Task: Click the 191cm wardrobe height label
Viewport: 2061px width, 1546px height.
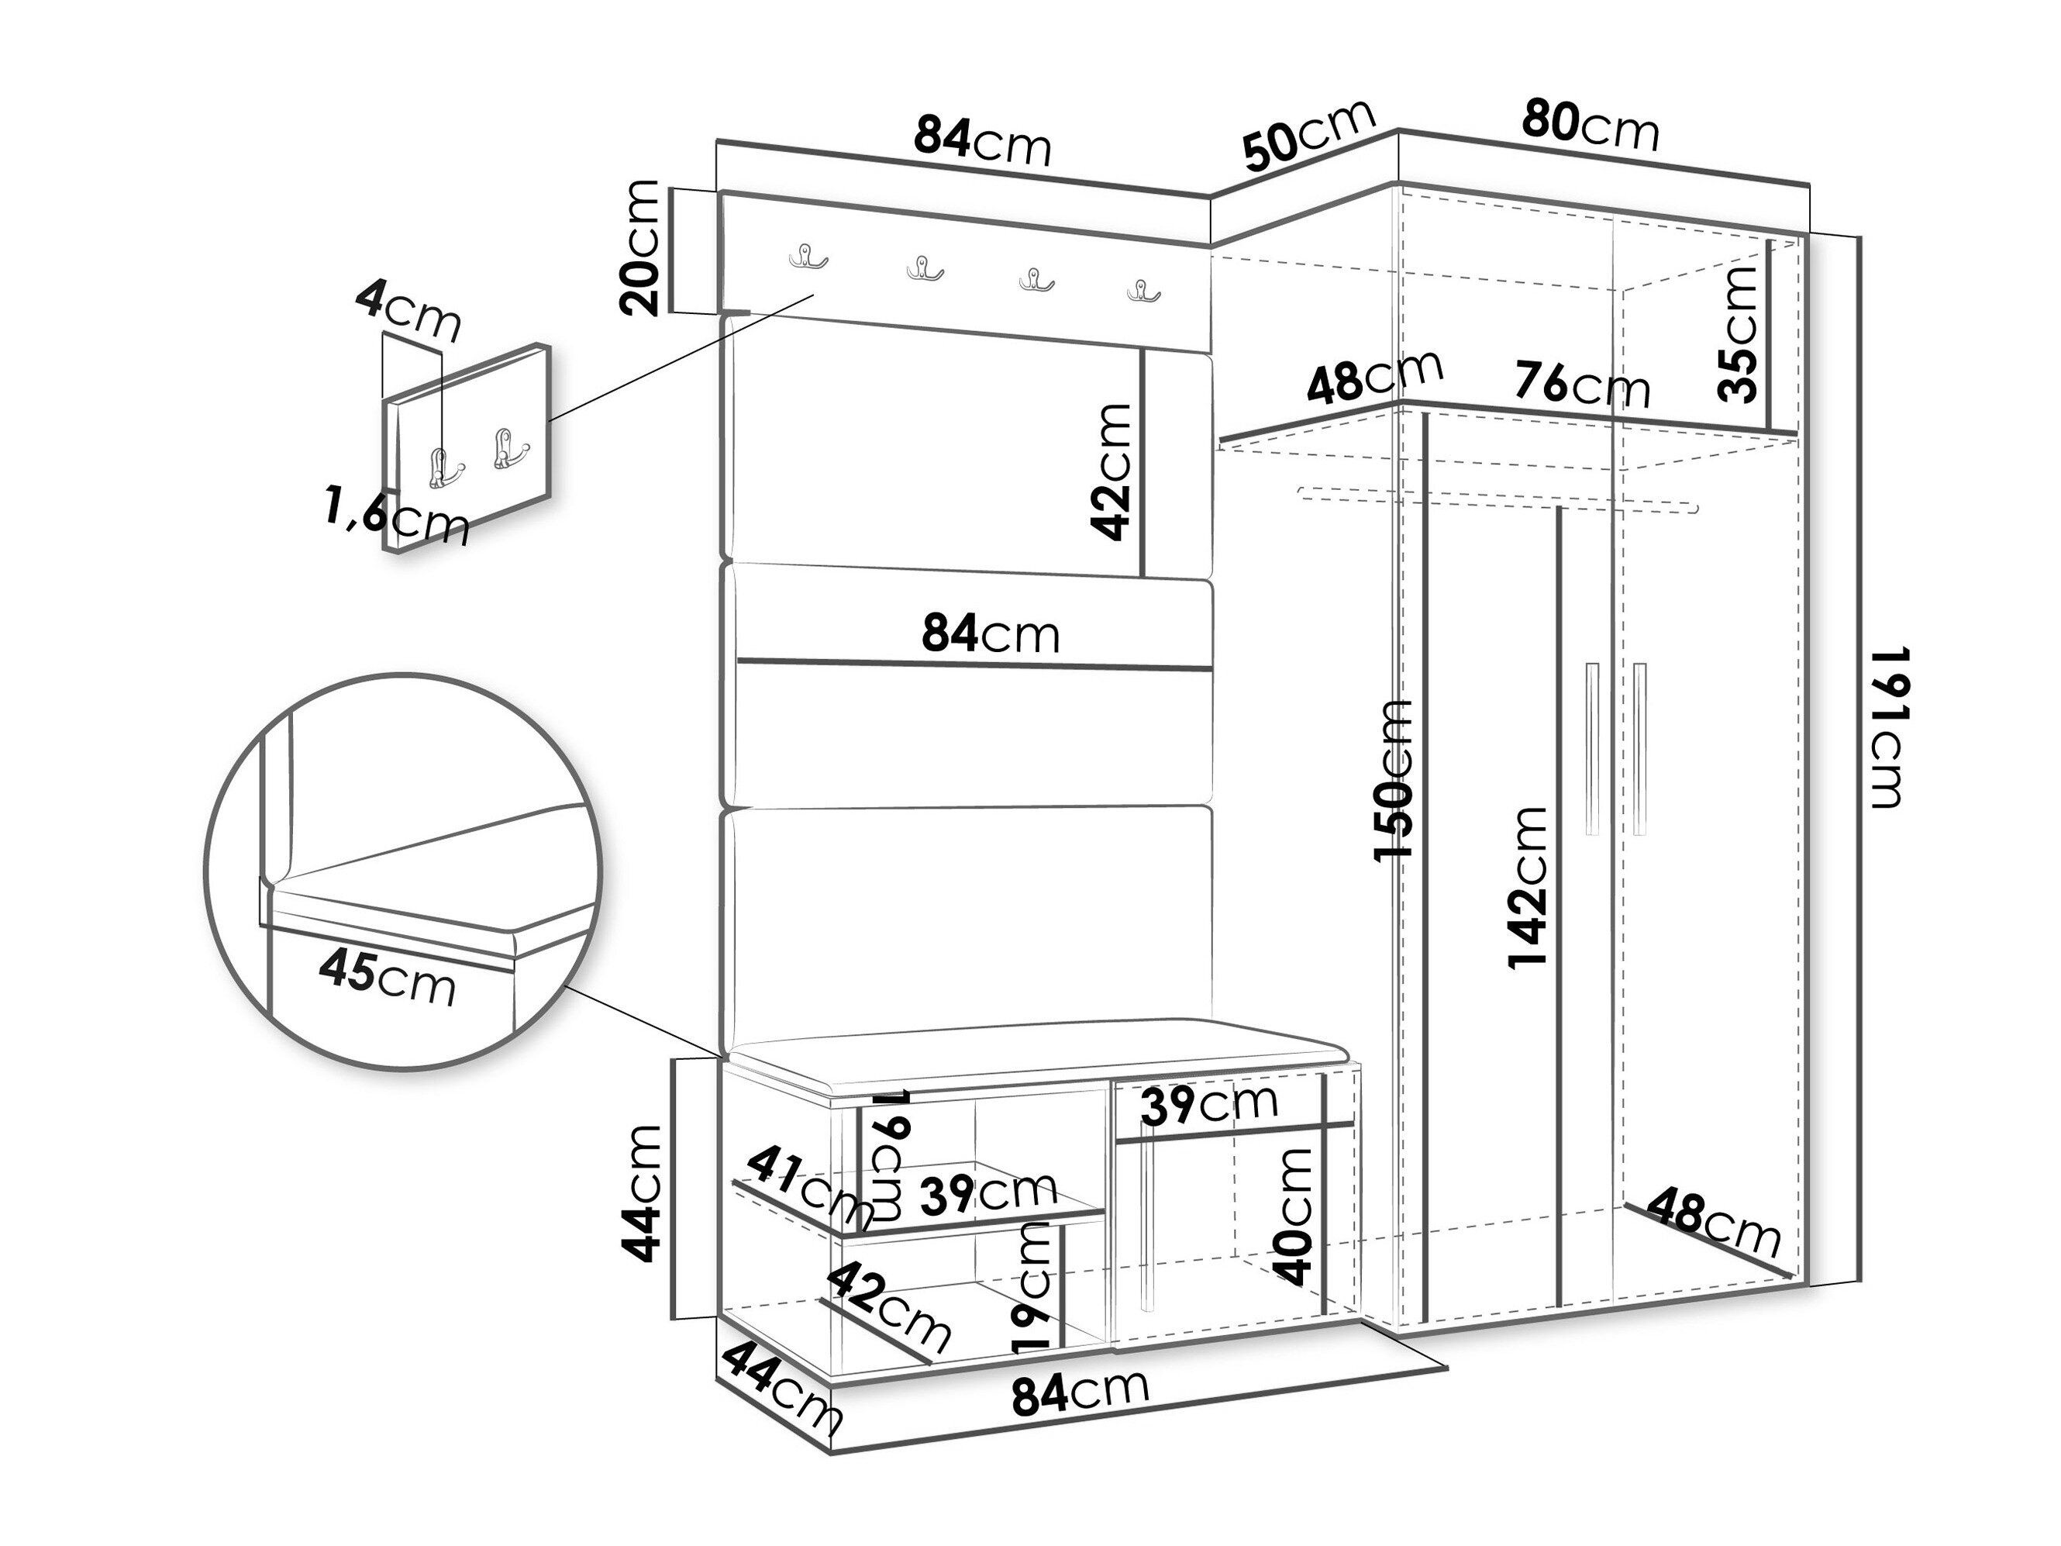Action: [x=1886, y=728]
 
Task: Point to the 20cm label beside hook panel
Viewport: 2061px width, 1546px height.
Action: [x=640, y=248]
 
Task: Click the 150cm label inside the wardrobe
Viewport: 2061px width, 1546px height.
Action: [x=1393, y=780]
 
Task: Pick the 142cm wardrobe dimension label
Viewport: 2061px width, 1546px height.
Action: [x=1527, y=888]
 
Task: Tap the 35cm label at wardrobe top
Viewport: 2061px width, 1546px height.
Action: [x=1737, y=333]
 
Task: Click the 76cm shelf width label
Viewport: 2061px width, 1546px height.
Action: [x=1581, y=383]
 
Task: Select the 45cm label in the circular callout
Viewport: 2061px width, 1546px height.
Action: [x=388, y=977]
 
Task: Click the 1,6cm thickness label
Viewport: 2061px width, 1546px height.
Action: [x=397, y=516]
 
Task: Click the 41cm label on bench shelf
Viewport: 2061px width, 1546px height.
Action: [x=810, y=1187]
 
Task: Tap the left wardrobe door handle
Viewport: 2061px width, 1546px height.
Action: [x=1591, y=748]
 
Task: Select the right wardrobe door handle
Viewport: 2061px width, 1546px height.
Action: [x=1640, y=748]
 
